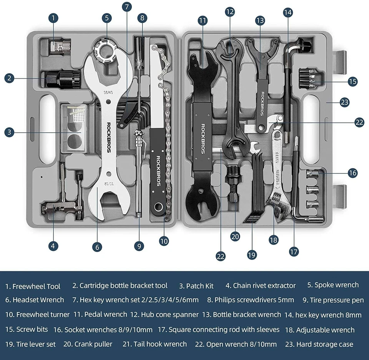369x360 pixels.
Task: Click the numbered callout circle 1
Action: point(53,18)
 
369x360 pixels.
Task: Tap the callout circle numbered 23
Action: point(344,102)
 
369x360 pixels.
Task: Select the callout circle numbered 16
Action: point(353,173)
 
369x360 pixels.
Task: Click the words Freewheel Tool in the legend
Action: point(37,286)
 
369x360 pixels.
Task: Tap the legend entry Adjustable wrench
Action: point(325,330)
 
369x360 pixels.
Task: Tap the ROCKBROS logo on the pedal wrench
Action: point(203,138)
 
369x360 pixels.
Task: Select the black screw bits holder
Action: point(311,77)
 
